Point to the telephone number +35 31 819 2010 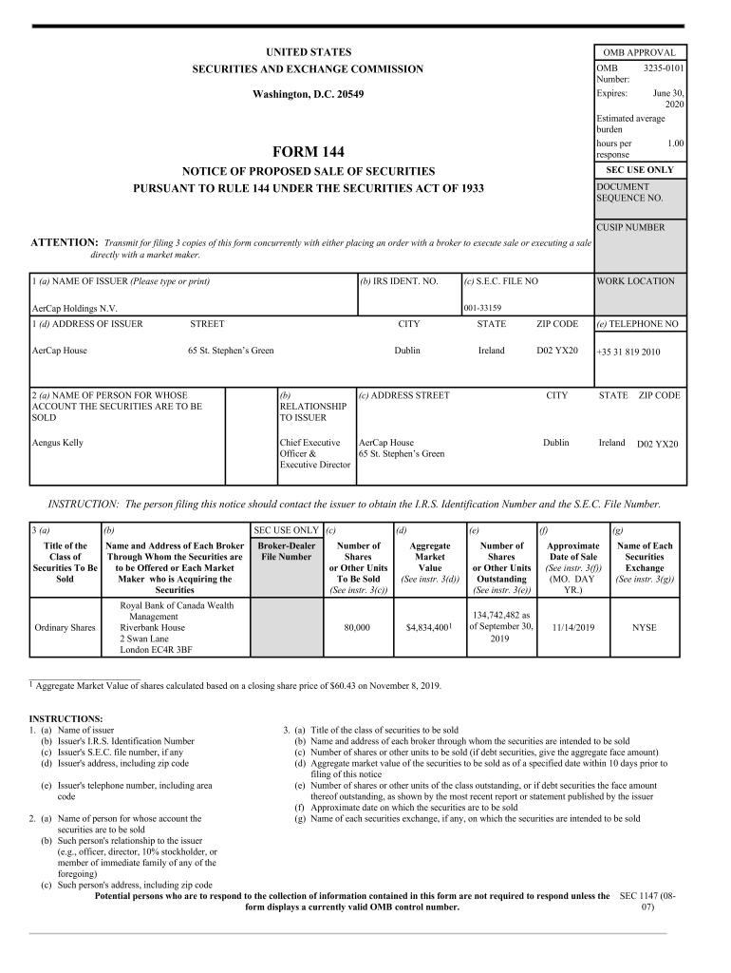click(x=628, y=352)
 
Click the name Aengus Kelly click(x=58, y=443)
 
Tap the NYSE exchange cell click(x=645, y=628)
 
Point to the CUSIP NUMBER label click(x=630, y=227)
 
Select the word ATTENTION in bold click(x=65, y=243)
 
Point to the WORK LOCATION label click(x=635, y=281)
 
